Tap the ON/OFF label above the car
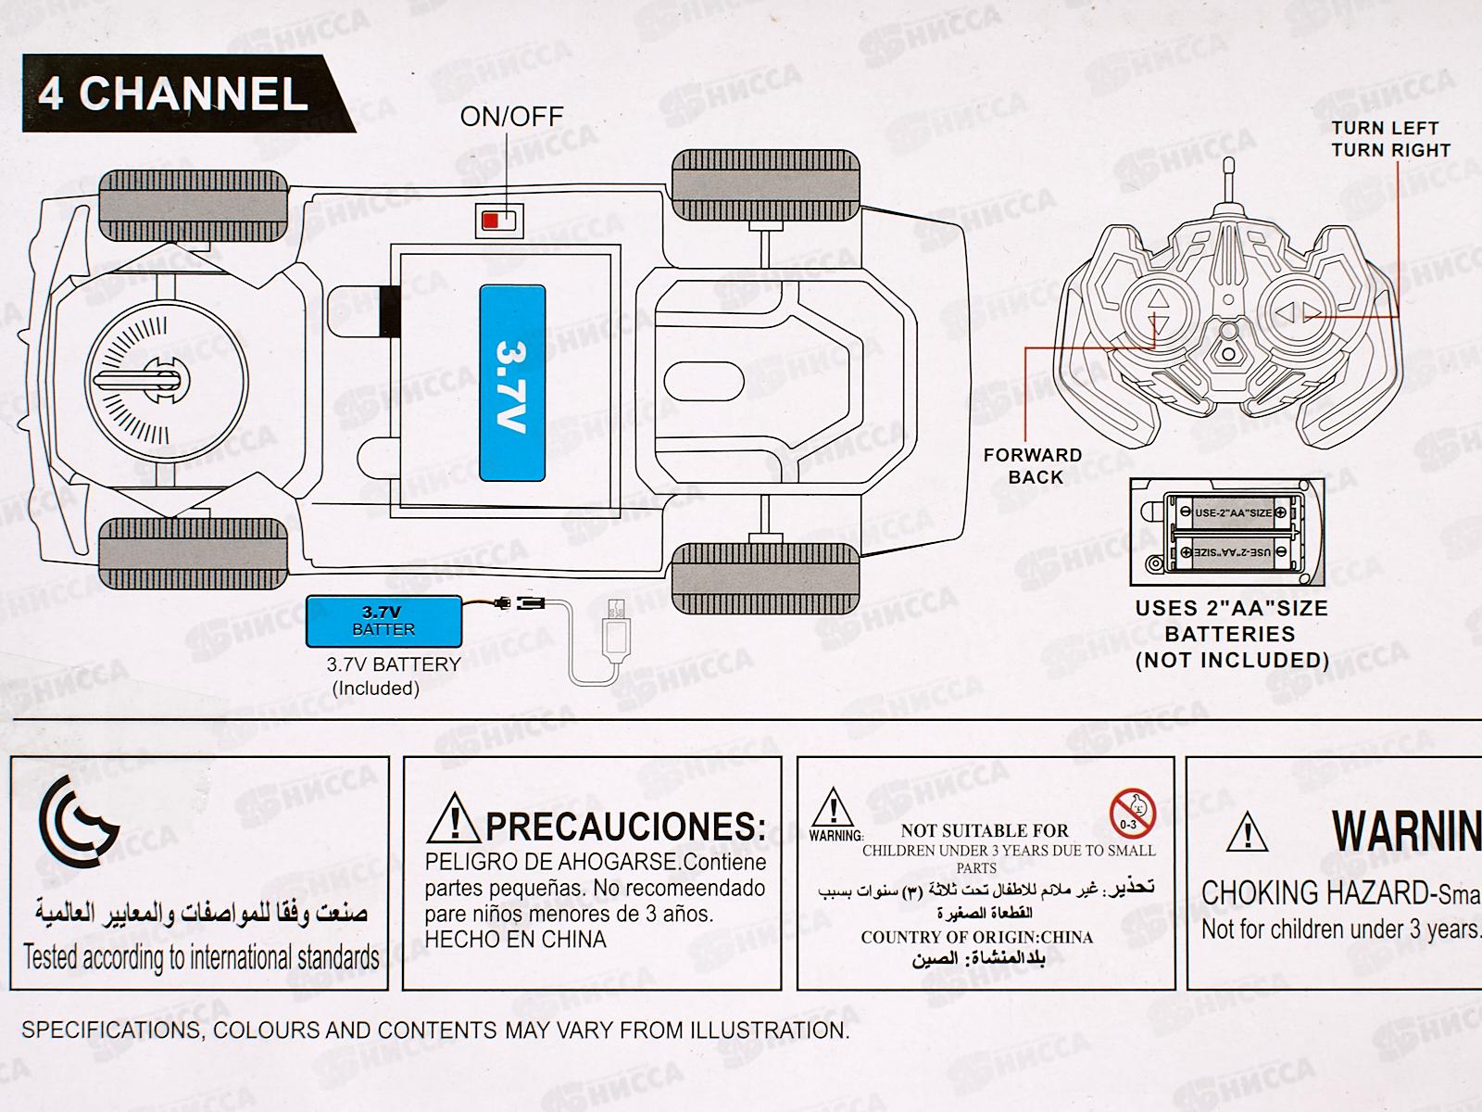coord(511,117)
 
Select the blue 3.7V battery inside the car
coord(512,383)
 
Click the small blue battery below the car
coord(383,621)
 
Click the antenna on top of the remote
coord(1231,182)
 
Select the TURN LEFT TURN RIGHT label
coord(1389,139)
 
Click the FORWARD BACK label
coord(1033,466)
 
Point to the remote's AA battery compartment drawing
coord(1227,533)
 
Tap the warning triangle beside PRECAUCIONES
coord(454,817)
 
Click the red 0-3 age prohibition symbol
coord(1133,814)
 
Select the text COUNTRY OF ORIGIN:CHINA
coord(976,937)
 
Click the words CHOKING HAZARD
coord(1314,893)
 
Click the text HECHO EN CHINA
coord(515,940)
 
